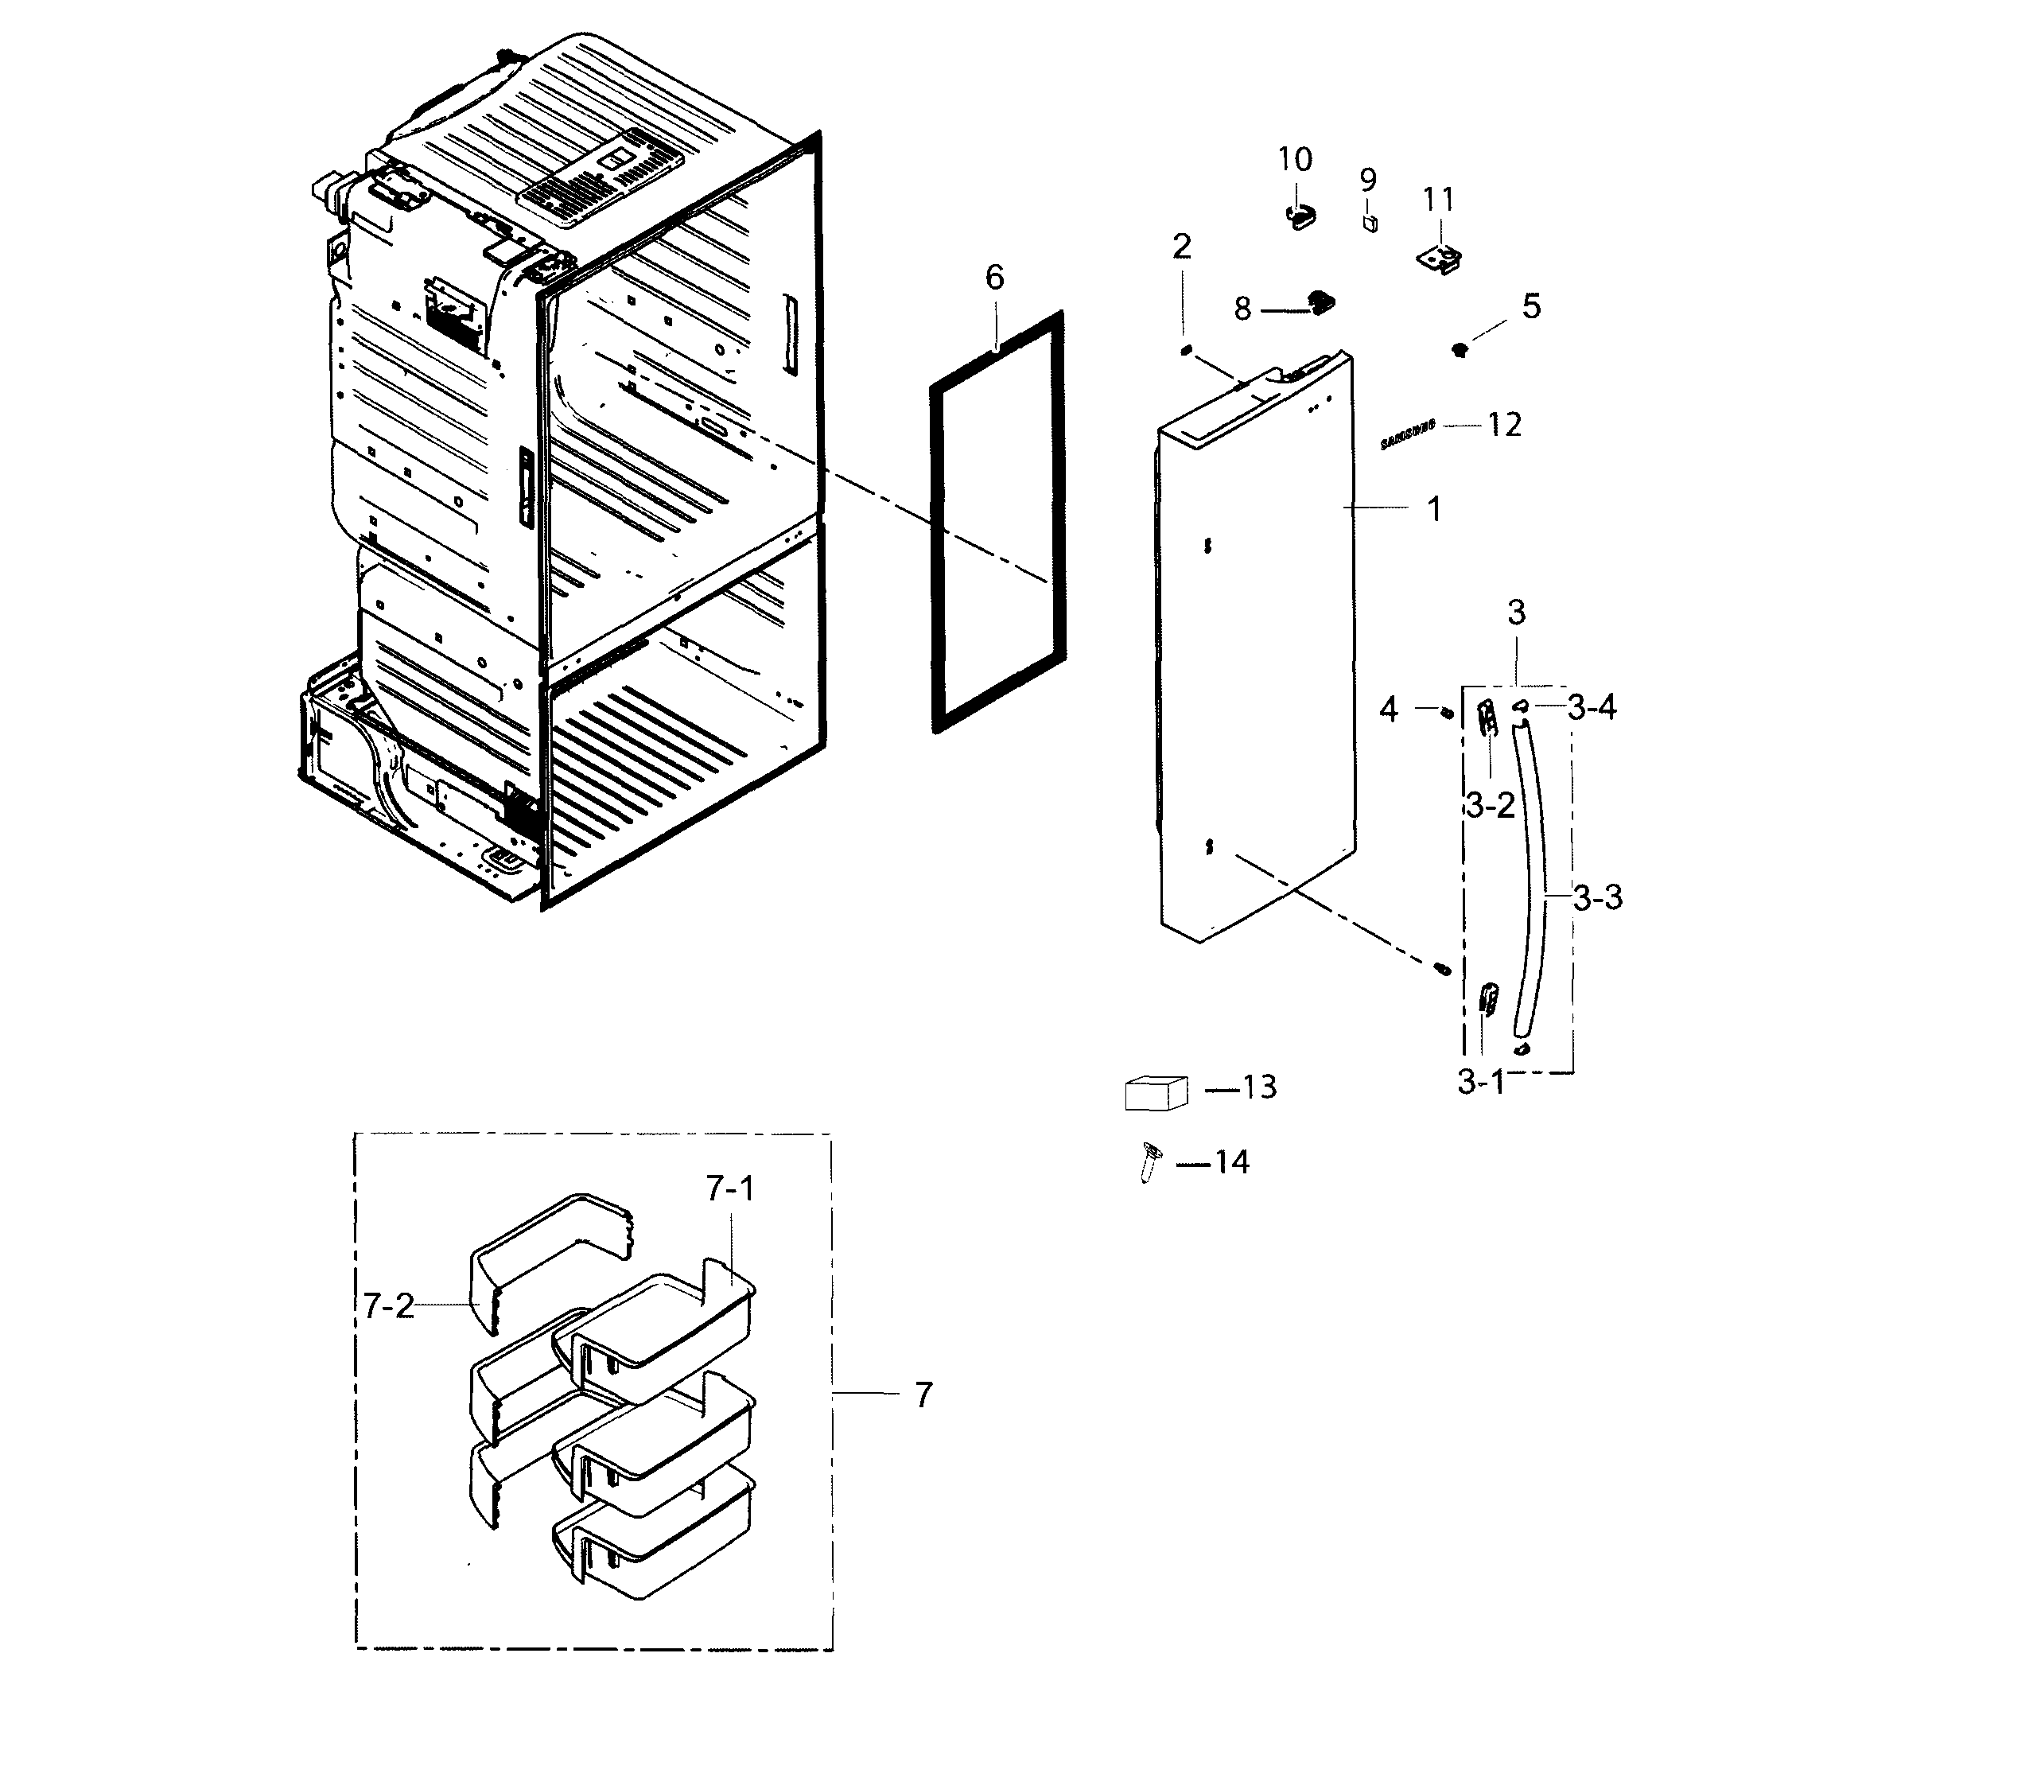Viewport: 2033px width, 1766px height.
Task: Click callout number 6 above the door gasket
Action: (x=994, y=278)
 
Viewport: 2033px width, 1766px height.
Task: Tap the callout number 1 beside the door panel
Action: (x=1435, y=509)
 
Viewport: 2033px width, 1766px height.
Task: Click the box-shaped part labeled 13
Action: (x=1156, y=1093)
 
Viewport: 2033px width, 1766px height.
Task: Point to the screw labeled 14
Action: (x=1148, y=1161)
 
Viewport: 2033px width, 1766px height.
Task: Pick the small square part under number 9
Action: (x=1370, y=224)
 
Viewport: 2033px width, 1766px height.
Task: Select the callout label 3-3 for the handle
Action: (x=1597, y=898)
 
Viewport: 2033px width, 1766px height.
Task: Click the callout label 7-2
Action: (x=388, y=1307)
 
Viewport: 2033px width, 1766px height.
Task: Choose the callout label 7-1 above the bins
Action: (x=730, y=1189)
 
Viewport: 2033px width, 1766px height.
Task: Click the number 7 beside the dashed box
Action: (x=923, y=1395)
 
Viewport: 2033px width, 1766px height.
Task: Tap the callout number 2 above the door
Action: (x=1182, y=247)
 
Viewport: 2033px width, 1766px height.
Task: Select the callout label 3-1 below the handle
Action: (x=1481, y=1082)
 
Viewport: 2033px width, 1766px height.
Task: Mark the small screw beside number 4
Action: (x=1447, y=713)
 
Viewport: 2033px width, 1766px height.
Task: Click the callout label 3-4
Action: (x=1592, y=707)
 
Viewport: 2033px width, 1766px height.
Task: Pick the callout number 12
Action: (x=1505, y=425)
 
